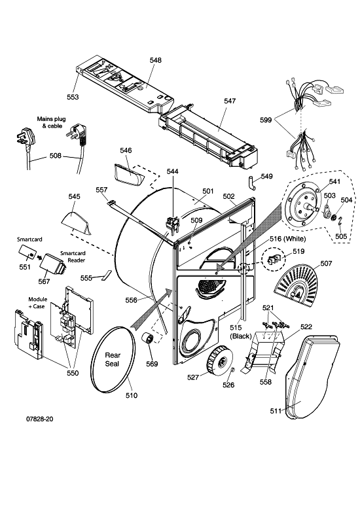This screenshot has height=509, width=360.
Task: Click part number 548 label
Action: click(155, 60)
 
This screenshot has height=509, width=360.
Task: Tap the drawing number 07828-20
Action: click(40, 419)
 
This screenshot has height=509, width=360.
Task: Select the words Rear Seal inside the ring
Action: click(113, 359)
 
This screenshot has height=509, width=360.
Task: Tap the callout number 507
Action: click(326, 263)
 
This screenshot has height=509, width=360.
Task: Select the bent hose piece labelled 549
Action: click(251, 183)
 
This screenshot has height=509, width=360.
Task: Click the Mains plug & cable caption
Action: click(51, 122)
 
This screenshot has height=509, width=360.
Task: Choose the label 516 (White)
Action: click(287, 239)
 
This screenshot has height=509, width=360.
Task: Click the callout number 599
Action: click(266, 120)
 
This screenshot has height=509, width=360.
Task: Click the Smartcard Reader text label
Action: click(73, 256)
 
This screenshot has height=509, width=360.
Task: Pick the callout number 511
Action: click(276, 411)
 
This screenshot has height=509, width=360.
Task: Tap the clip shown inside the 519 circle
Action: click(274, 259)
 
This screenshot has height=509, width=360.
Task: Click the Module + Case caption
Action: click(37, 303)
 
